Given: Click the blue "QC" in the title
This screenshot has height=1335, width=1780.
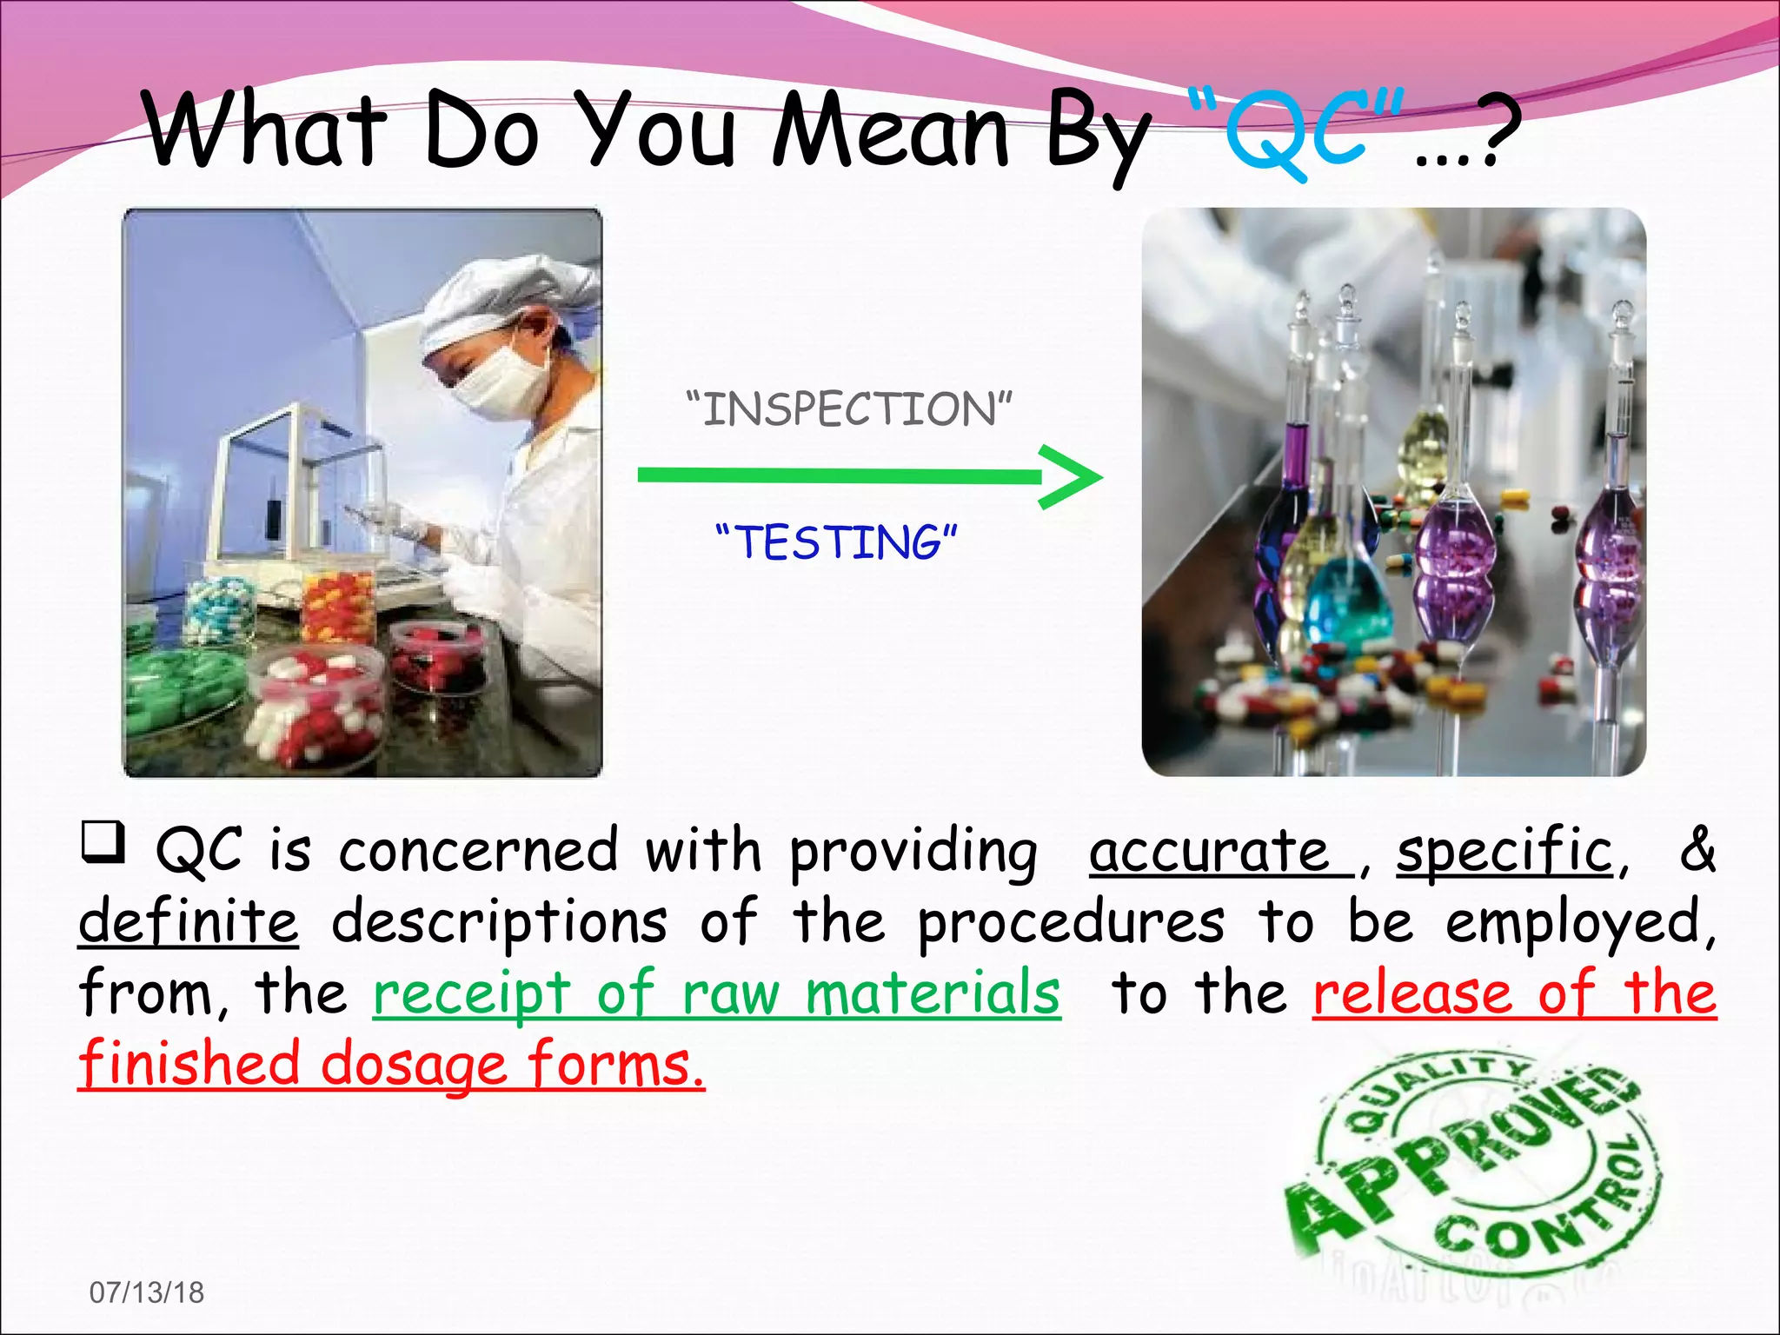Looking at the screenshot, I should click(x=1295, y=135).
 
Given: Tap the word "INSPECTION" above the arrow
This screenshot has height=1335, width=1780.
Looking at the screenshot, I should click(x=849, y=409).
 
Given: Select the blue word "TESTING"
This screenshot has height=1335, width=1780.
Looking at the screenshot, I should click(x=837, y=542).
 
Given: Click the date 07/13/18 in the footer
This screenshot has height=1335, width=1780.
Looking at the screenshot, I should click(x=147, y=1292).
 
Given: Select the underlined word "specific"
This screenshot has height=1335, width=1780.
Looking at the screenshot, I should click(x=1504, y=851).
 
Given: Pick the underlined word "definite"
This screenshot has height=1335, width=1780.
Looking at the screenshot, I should click(x=189, y=922).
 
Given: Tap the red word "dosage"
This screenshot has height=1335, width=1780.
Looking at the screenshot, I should click(x=414, y=1065).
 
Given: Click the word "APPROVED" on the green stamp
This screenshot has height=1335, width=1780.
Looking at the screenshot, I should click(x=1460, y=1156).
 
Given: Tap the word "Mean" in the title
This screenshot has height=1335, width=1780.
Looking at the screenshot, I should click(x=891, y=133).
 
